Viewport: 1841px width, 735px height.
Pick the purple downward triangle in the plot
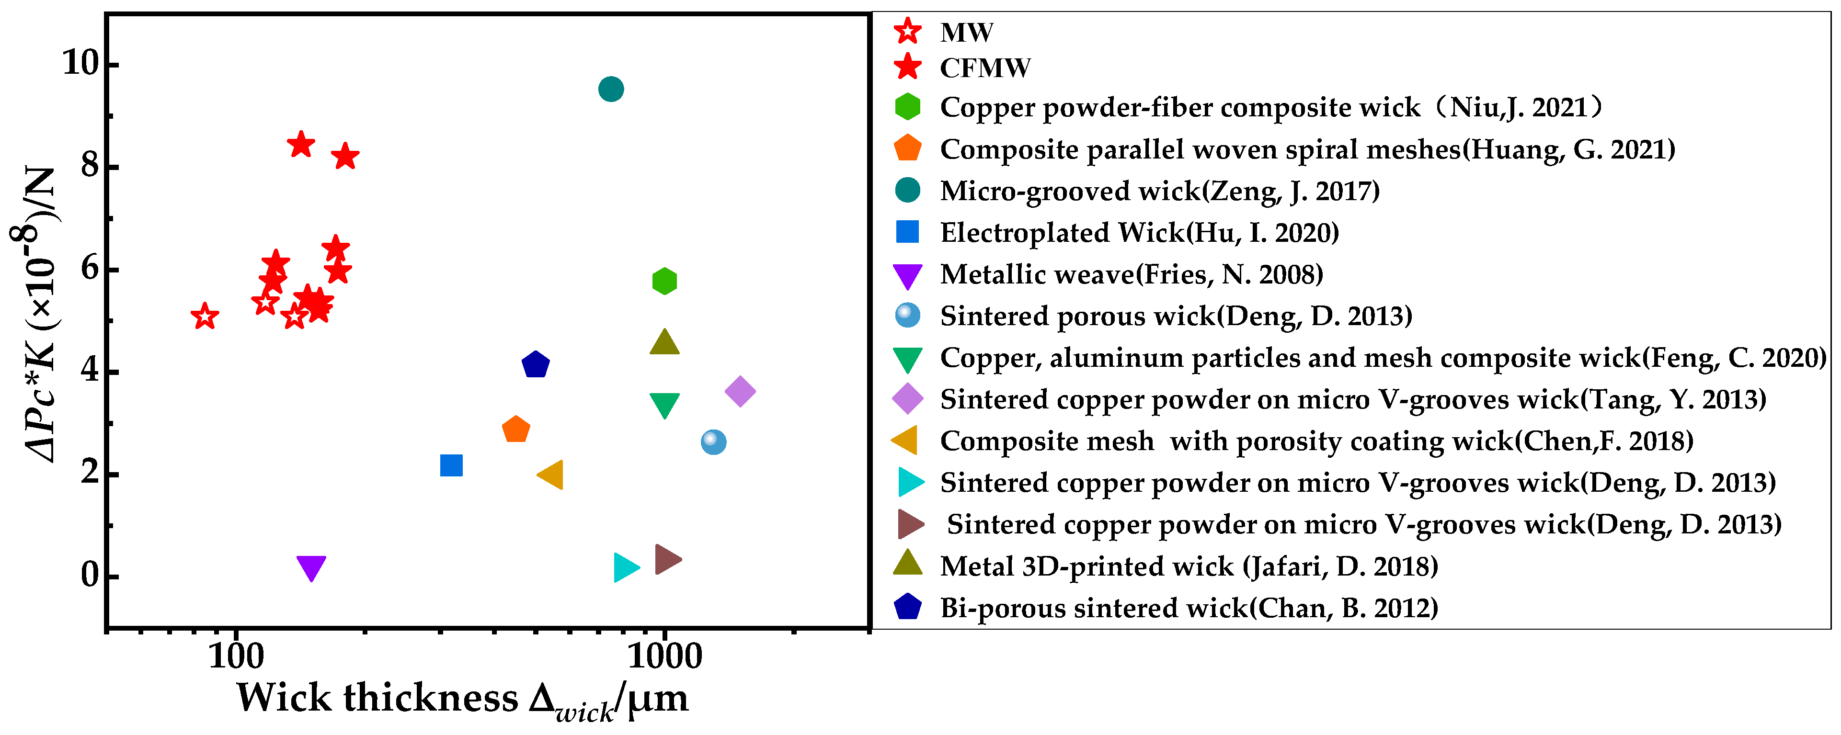pos(311,567)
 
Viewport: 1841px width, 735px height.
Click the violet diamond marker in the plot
pos(740,391)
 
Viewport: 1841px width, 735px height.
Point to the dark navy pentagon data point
pos(535,365)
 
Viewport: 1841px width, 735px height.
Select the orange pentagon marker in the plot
pos(515,430)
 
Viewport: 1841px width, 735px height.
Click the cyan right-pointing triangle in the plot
pos(625,567)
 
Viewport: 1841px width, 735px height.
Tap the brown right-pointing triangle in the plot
pos(667,559)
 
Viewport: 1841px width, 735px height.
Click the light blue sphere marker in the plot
pos(713,442)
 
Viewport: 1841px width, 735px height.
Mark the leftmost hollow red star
pos(205,316)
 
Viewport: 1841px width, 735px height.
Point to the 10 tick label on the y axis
pos(80,64)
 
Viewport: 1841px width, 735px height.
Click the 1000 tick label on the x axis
pos(664,656)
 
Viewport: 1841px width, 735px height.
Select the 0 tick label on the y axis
pos(89,575)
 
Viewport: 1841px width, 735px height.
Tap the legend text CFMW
pos(985,68)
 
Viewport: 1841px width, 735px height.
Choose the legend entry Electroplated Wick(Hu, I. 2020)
pos(1139,233)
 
